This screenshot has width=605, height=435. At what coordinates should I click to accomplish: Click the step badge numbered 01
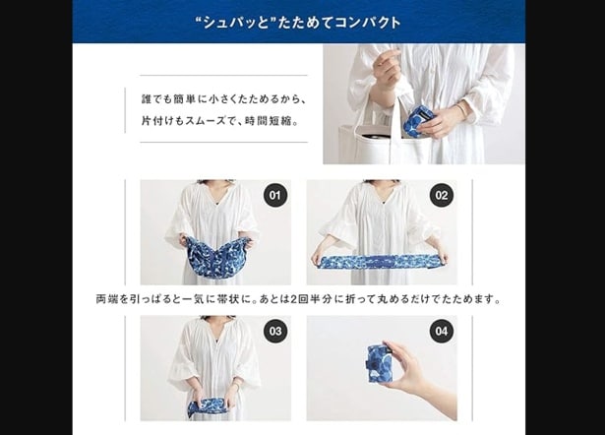coord(275,195)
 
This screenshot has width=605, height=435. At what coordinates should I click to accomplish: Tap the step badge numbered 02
coord(442,195)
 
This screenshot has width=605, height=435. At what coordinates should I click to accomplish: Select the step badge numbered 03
coord(275,332)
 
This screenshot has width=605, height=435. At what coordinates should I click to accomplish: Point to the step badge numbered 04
coord(442,332)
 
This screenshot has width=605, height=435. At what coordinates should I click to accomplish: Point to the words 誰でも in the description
coord(156,98)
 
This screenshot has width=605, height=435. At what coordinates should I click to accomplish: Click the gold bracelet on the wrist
coord(461,110)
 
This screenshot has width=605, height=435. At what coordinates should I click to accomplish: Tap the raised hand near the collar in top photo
coord(387,65)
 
